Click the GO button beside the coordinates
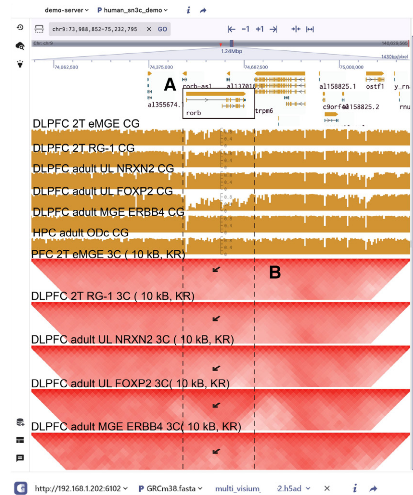162,29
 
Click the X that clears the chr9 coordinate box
149,29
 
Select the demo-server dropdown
66,10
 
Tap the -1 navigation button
245,29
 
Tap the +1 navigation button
259,29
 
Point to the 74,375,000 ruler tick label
161,67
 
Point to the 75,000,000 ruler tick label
351,67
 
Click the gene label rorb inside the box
193,113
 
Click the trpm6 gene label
264,111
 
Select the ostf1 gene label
375,87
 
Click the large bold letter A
170,84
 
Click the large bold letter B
275,272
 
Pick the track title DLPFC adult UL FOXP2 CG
103,191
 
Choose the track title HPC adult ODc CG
81,233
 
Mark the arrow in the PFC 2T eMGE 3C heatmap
216,269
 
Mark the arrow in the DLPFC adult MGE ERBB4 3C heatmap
216,451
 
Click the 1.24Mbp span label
231,51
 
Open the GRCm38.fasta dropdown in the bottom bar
170,488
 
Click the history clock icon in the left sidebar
20,27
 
